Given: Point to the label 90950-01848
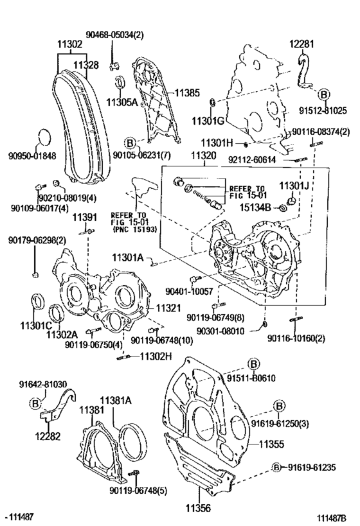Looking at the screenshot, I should pos(32,155).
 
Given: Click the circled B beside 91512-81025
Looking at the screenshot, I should pos(323,94).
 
